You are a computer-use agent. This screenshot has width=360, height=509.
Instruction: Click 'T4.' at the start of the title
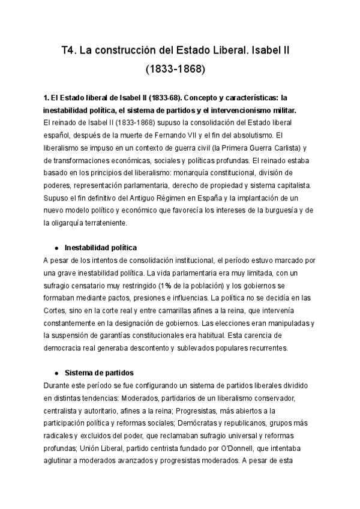click(70, 52)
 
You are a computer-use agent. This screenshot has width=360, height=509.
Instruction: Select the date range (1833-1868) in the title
click(175, 69)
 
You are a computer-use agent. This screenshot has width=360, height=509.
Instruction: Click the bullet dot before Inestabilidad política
click(56, 247)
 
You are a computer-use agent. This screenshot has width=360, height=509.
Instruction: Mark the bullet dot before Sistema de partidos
click(56, 372)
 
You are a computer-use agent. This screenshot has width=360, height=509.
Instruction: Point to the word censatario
click(90, 285)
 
